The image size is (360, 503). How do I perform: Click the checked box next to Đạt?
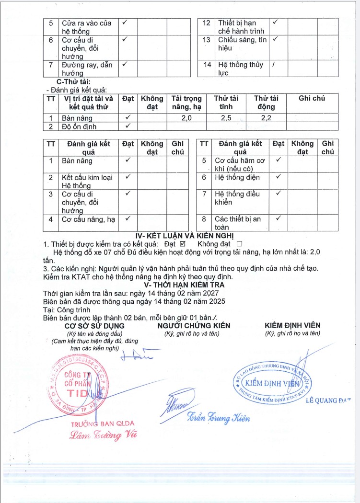182,243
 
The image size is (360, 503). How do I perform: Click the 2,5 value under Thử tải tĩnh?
226,118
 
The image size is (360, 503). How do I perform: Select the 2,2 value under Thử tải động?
267,118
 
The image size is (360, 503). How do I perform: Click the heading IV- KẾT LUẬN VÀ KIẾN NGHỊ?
185,235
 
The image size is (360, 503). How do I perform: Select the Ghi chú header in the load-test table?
312,98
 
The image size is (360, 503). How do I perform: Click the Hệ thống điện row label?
237,178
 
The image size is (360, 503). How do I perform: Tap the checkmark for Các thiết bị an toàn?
278,218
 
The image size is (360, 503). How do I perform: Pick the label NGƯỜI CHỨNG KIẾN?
194,326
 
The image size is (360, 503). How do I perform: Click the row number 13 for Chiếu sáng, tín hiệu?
207,40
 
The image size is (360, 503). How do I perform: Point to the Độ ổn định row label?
79,126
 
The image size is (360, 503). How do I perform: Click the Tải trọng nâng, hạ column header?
186,103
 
